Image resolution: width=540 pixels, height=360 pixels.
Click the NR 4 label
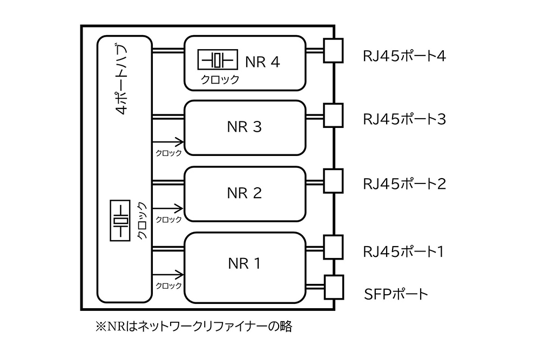pyautogui.click(x=262, y=62)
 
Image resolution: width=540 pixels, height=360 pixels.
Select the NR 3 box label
pyautogui.click(x=244, y=127)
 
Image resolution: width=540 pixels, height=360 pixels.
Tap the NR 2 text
pyautogui.click(x=244, y=193)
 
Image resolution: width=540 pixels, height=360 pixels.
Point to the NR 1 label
pyautogui.click(x=244, y=263)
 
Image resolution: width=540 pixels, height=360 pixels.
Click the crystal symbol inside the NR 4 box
pyautogui.click(x=217, y=60)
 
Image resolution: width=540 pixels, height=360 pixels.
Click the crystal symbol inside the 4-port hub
pyautogui.click(x=120, y=221)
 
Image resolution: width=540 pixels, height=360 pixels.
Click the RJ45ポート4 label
pyautogui.click(x=403, y=56)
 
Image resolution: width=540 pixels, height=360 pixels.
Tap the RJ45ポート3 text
pyautogui.click(x=403, y=119)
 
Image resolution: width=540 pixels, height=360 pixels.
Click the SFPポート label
pyautogui.click(x=396, y=294)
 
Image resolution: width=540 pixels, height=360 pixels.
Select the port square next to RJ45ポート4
pyautogui.click(x=333, y=50)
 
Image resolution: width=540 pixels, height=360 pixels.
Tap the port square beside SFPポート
pyautogui.click(x=333, y=287)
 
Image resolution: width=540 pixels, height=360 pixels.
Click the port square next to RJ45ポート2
pyautogui.click(x=333, y=181)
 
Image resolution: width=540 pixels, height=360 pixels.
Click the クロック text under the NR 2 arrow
pyautogui.click(x=168, y=220)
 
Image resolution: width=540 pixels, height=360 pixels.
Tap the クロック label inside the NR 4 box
pyautogui.click(x=220, y=79)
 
